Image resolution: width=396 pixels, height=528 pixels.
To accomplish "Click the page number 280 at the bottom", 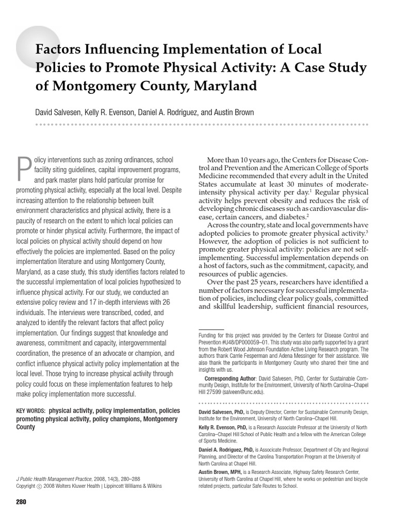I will pyautogui.click(x=21, y=502).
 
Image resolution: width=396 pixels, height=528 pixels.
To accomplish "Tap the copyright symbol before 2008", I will pyautogui.click(x=39, y=486).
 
